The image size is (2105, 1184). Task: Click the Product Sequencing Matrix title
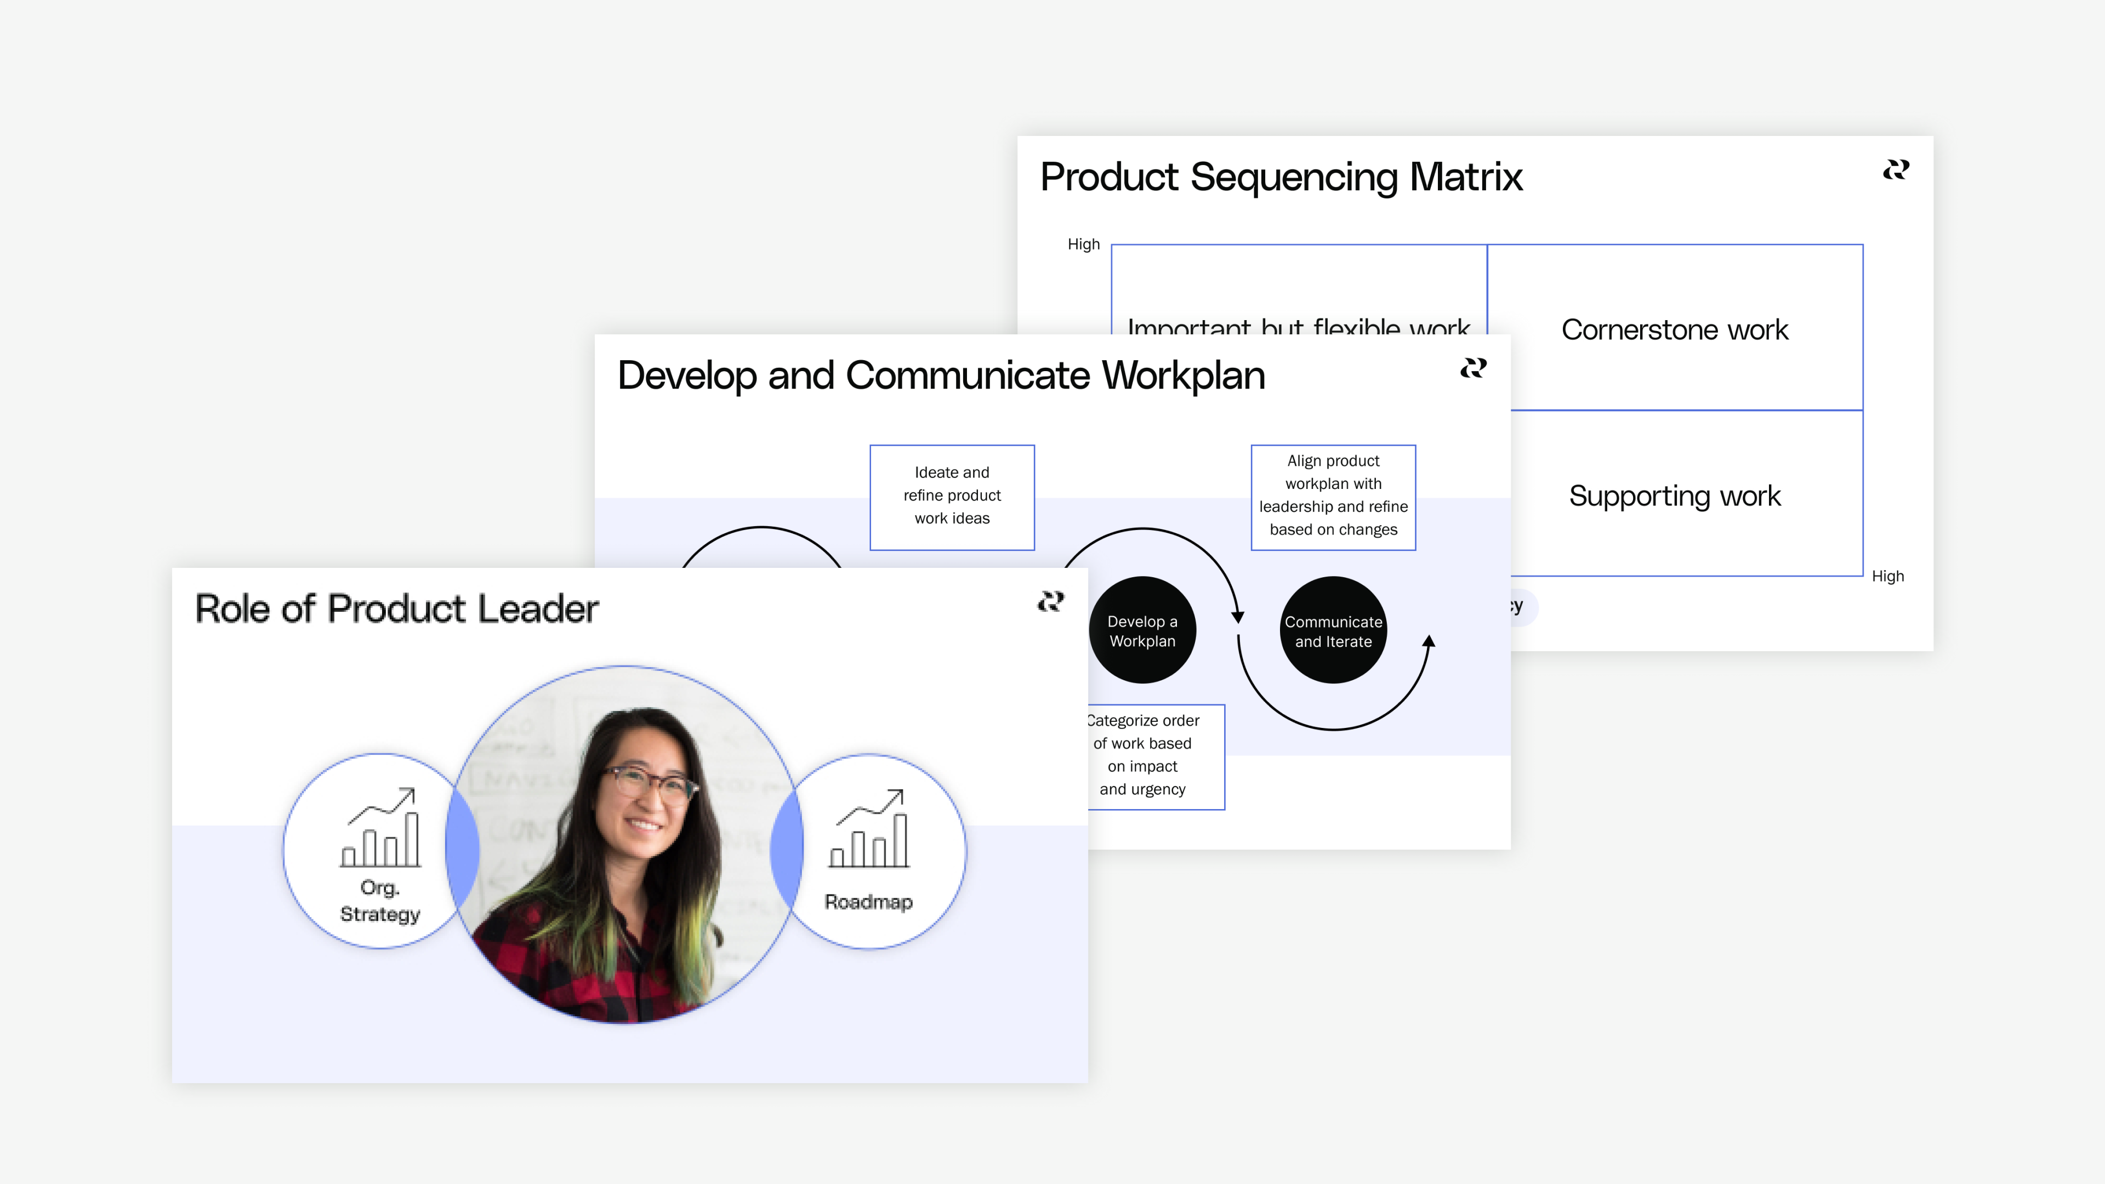point(1281,177)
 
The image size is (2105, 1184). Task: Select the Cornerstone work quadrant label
point(1674,330)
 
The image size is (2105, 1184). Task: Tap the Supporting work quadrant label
point(1674,496)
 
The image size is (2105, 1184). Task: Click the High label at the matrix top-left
point(1084,244)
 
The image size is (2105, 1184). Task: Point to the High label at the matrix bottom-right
point(1887,576)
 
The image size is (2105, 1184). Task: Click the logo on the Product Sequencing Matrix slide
point(1896,170)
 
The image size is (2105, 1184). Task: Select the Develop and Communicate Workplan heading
point(941,376)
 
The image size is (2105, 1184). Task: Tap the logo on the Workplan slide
point(1473,368)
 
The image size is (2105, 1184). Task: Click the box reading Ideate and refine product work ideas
point(952,497)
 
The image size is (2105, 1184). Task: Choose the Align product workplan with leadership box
point(1333,497)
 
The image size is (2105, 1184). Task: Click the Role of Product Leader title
point(396,610)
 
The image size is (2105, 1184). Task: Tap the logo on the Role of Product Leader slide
point(1051,602)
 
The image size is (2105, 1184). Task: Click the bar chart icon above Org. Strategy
point(381,828)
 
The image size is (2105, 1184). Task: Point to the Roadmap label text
point(868,902)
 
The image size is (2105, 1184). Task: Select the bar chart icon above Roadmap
point(869,828)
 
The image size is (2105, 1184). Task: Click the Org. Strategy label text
point(380,901)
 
